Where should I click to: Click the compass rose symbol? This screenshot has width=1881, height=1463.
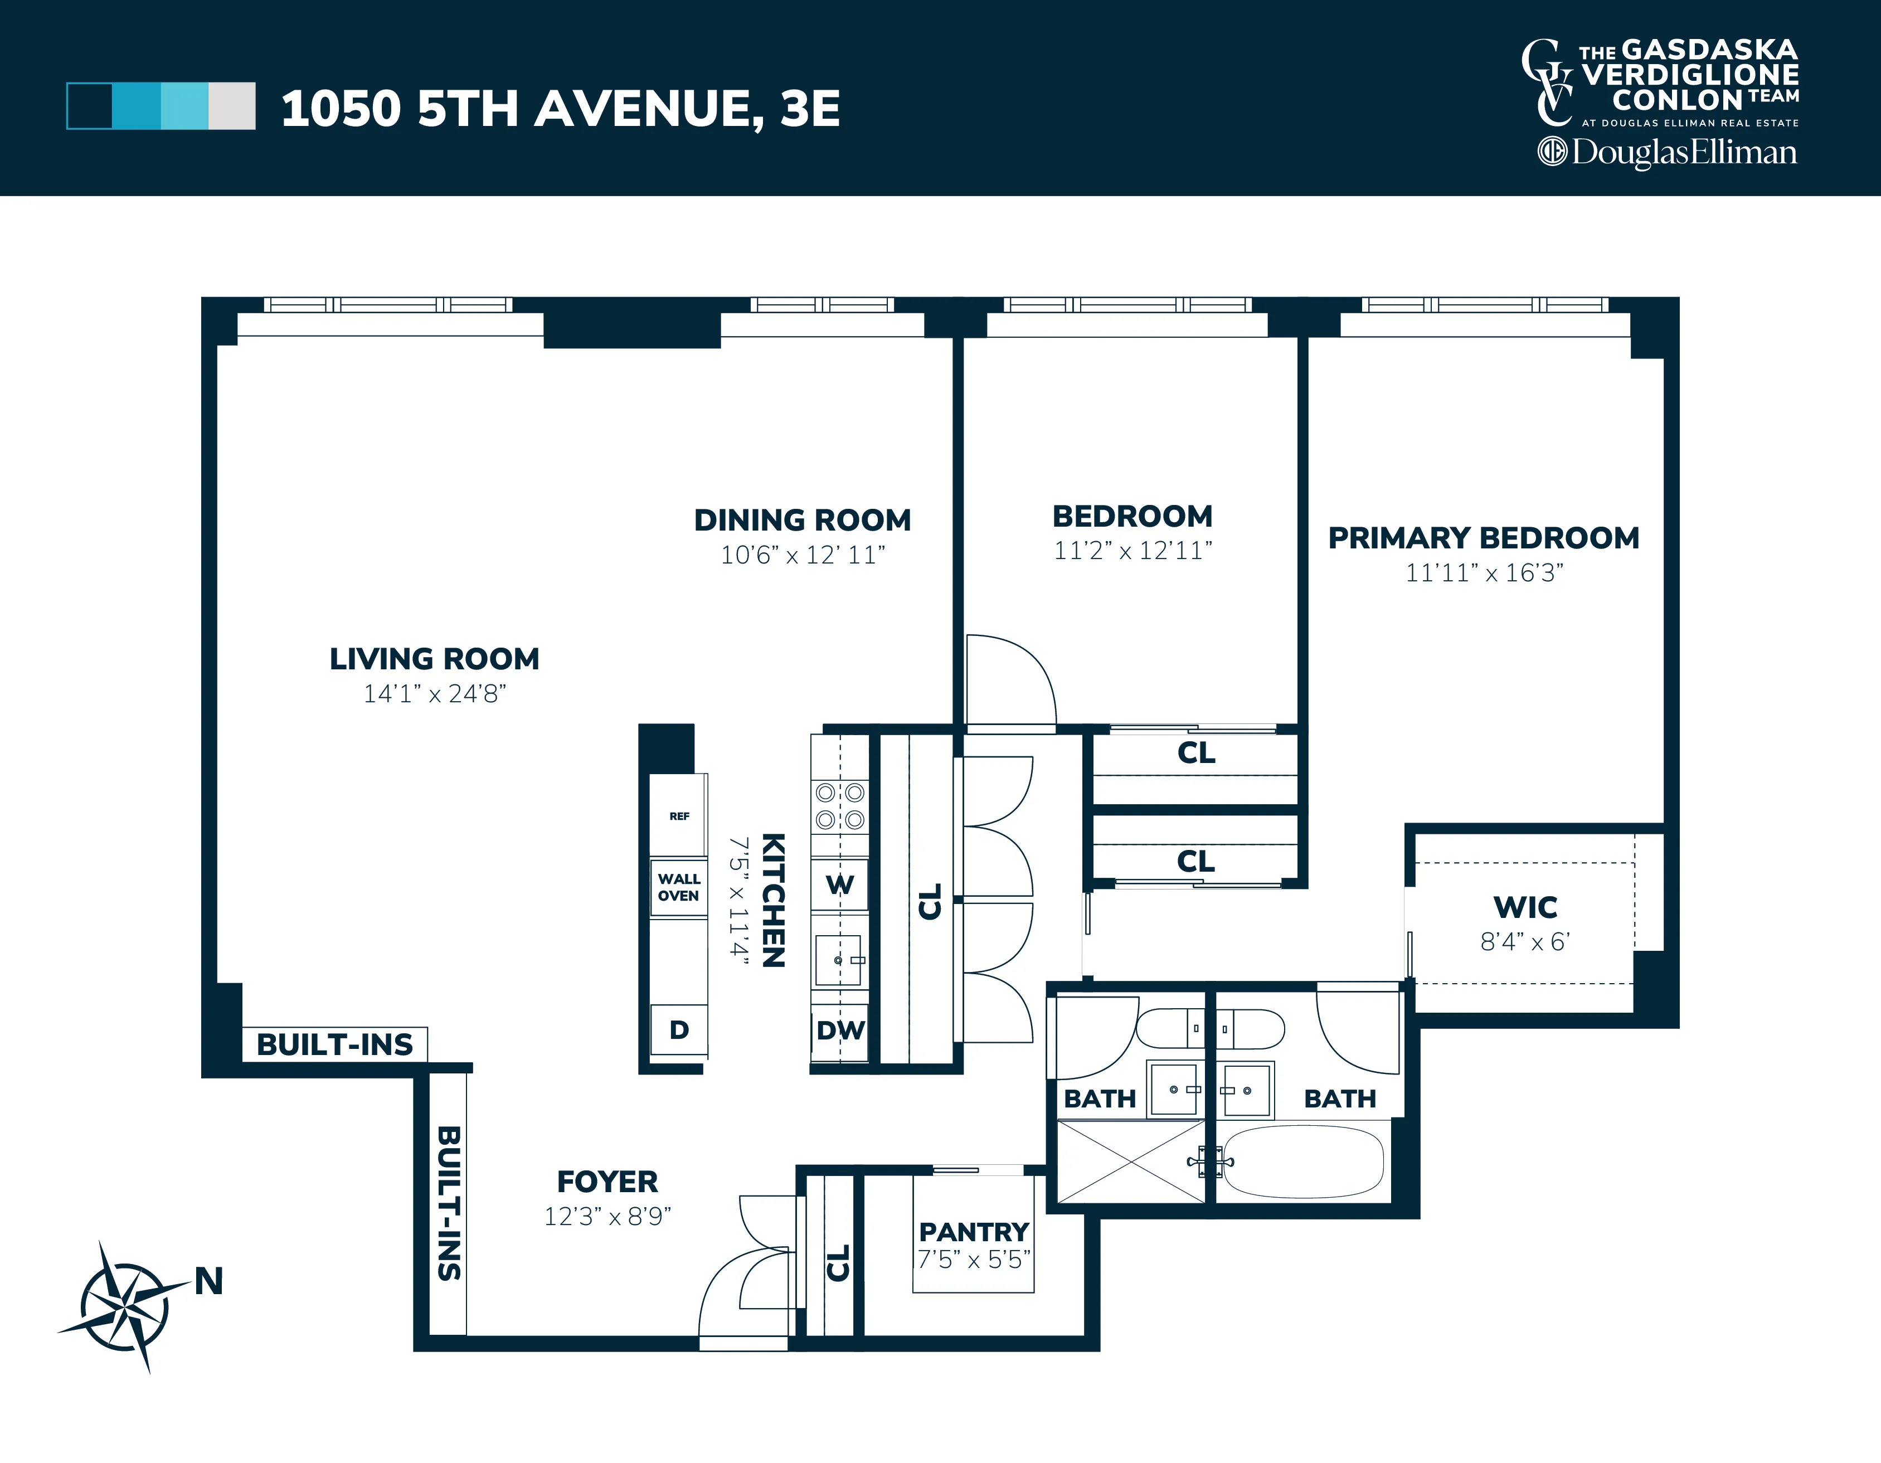click(x=124, y=1307)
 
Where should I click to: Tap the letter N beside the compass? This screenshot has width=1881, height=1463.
click(x=208, y=1281)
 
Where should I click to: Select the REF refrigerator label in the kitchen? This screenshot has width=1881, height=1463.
click(x=679, y=815)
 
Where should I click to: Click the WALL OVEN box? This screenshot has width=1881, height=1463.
click(x=679, y=887)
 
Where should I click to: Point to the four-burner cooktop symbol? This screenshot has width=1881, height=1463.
click(x=840, y=805)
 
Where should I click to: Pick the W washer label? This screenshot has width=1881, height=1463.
click(x=840, y=884)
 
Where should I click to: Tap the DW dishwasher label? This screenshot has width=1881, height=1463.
click(x=840, y=1030)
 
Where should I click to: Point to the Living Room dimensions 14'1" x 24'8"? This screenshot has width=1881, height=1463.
click(x=434, y=693)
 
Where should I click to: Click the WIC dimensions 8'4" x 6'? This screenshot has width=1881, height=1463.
click(x=1524, y=941)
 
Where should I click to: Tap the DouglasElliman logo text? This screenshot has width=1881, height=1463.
click(x=1683, y=153)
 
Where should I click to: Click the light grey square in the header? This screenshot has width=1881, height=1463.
click(x=232, y=106)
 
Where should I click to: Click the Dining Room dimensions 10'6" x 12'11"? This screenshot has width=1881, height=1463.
click(x=803, y=555)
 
